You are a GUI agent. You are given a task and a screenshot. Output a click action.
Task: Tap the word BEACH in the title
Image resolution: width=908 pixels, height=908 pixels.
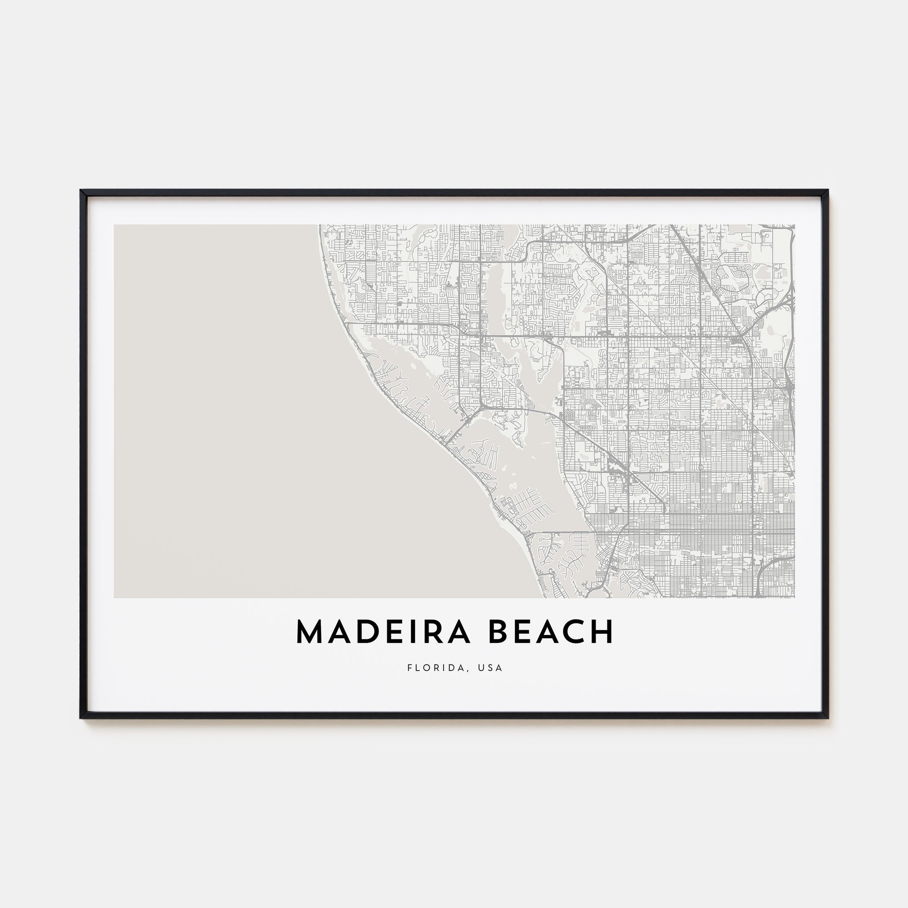pos(551,632)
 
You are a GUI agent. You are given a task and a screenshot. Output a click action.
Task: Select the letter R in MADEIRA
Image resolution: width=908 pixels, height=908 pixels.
pos(431,632)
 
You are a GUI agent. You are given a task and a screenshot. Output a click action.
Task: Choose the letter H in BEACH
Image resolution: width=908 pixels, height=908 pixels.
pos(602,632)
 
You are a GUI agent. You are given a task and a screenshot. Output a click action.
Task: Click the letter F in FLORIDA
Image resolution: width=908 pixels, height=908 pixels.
pos(410,668)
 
